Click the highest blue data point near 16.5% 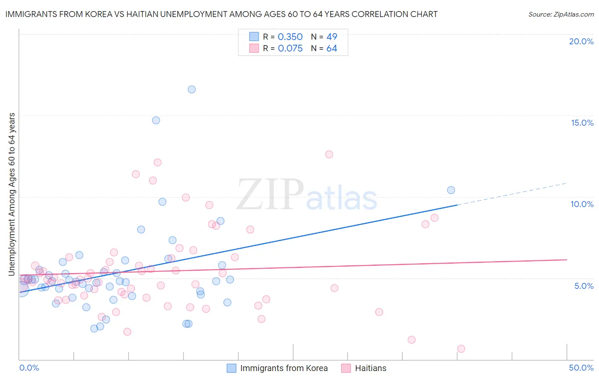coord(192,89)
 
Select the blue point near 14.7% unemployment coord(156,120)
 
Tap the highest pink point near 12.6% coord(329,155)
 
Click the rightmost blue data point coord(451,190)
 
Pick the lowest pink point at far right coord(461,348)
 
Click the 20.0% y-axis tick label coord(581,41)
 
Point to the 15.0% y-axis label coord(582,123)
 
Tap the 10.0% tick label coord(582,204)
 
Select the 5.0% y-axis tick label coord(584,286)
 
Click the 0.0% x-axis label coord(29,368)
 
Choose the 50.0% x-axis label coord(581,368)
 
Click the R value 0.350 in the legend coord(290,37)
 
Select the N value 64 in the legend coord(331,49)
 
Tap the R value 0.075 coord(290,49)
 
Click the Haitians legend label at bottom coord(371,368)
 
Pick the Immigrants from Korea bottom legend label coord(284,368)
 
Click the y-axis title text coord(12,194)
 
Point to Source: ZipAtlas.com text coord(561,14)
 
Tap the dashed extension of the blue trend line coord(511,194)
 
